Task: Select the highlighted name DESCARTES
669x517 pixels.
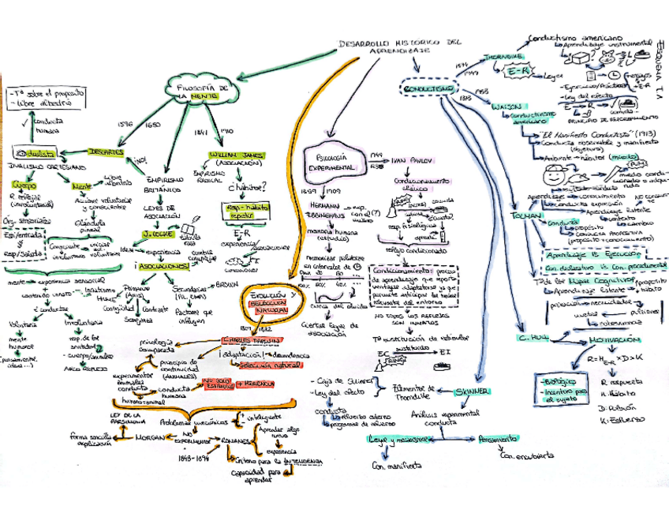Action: tap(107, 151)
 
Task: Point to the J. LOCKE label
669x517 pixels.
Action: tap(157, 234)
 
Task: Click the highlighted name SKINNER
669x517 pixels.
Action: tap(474, 391)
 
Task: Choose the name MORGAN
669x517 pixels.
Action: tap(149, 436)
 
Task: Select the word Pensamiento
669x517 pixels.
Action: tap(498, 439)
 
